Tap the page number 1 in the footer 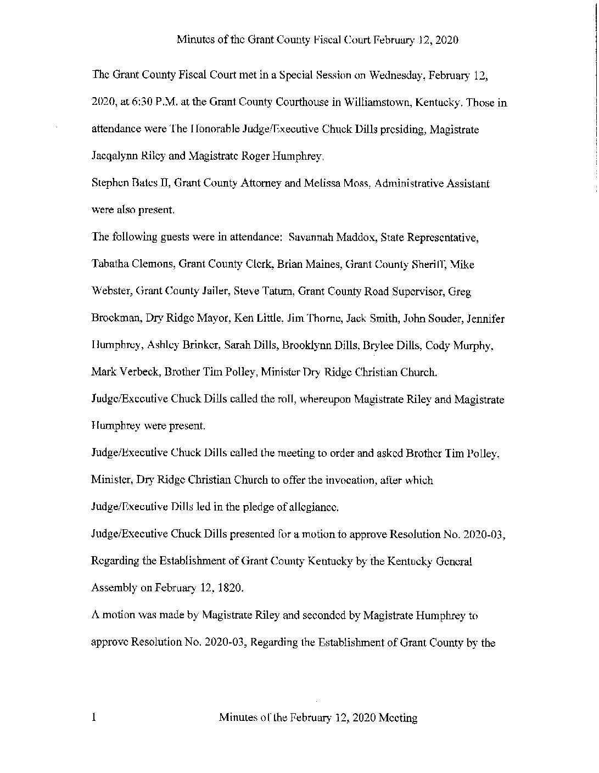click(94, 718)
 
